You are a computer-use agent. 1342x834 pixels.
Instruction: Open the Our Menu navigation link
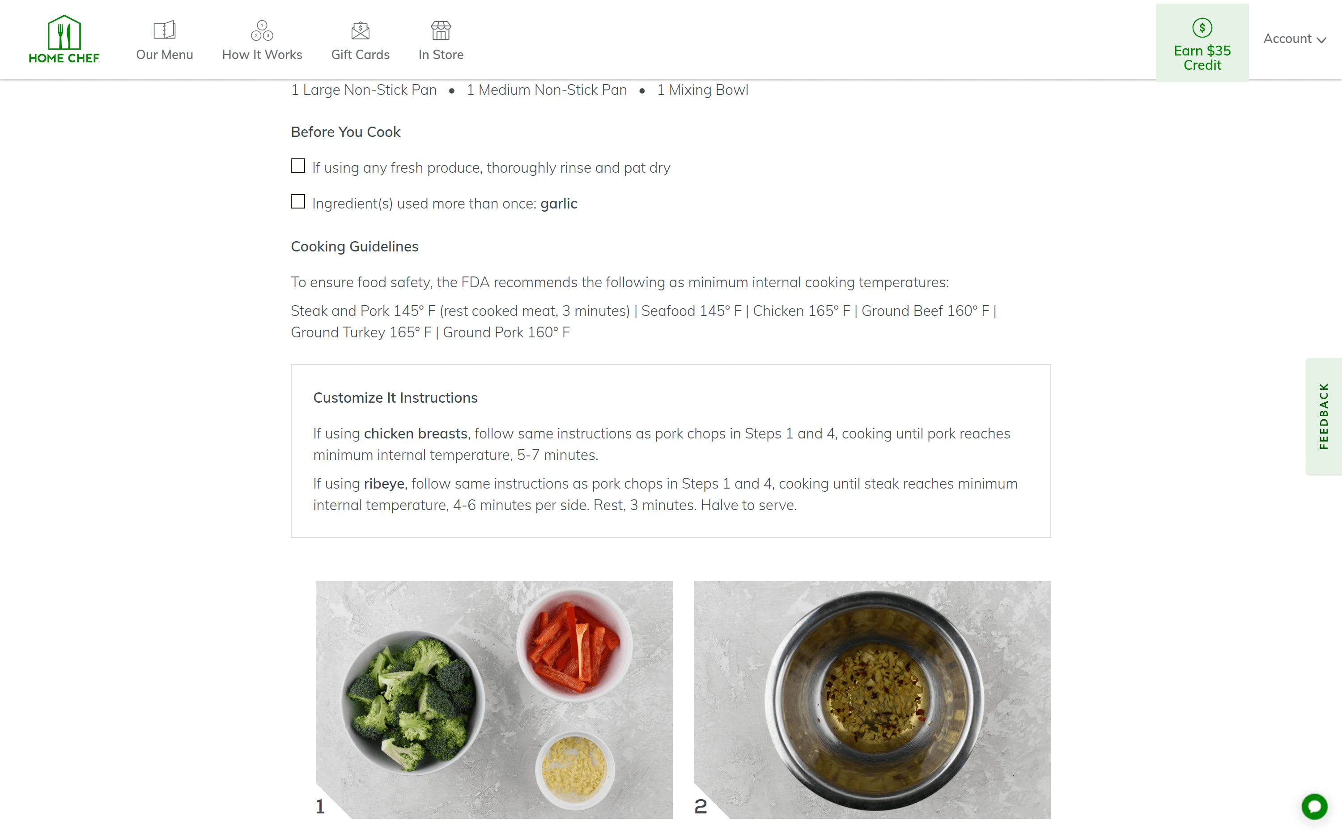tap(164, 41)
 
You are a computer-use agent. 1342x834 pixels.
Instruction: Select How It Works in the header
tap(262, 41)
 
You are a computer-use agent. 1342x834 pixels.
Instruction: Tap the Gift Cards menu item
tap(360, 41)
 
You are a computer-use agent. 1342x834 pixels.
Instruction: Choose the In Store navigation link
tap(441, 41)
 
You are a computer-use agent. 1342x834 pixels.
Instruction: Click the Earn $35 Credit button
tap(1202, 43)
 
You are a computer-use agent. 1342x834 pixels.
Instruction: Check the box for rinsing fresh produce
tap(298, 166)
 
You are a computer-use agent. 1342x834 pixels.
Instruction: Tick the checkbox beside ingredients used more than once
tap(298, 202)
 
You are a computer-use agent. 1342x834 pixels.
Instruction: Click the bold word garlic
tap(559, 204)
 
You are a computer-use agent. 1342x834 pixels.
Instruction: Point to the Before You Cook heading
tap(345, 132)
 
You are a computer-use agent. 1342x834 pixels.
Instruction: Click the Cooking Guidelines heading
tap(355, 247)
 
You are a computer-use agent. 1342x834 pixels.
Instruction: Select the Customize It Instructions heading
tap(395, 398)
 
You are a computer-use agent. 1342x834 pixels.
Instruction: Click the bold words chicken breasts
tap(415, 434)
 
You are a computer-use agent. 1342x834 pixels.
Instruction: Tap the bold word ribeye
tap(384, 484)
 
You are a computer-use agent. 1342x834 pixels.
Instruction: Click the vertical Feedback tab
tap(1323, 416)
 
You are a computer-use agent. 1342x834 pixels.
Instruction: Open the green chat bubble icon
tap(1314, 806)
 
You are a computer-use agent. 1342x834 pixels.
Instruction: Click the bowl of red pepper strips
tap(574, 645)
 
